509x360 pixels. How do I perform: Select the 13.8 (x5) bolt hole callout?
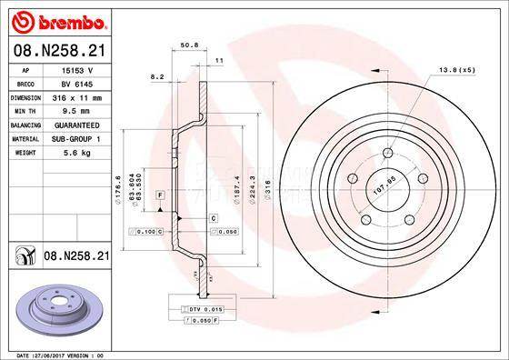point(457,69)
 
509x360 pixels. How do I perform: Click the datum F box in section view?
point(160,196)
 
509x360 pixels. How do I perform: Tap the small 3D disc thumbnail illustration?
point(56,304)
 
